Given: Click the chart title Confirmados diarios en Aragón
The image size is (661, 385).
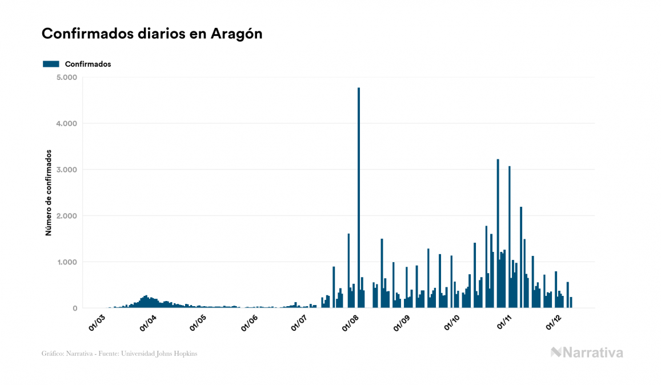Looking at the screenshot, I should click(x=152, y=34).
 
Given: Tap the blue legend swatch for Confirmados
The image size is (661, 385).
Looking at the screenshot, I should click(x=51, y=64).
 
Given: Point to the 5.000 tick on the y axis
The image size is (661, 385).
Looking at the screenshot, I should click(x=68, y=77).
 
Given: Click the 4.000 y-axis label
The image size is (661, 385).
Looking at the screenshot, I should click(x=68, y=123).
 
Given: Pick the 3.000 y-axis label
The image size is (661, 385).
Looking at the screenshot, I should click(x=68, y=170).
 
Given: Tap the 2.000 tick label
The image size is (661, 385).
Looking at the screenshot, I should click(x=68, y=216).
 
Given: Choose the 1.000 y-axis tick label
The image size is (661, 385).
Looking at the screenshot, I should click(x=68, y=262).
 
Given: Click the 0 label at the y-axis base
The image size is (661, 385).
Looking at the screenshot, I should click(x=75, y=308).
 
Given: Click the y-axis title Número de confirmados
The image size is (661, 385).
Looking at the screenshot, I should click(x=49, y=193).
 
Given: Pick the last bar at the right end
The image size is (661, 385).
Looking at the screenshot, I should click(x=571, y=303).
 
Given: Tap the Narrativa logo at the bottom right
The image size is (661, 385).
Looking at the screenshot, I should click(x=587, y=352).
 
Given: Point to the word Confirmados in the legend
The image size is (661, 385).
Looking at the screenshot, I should click(x=88, y=64).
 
